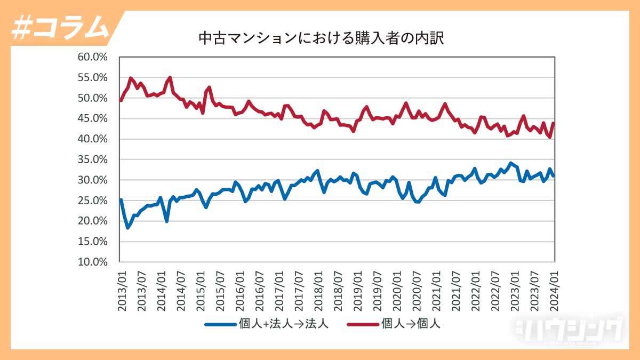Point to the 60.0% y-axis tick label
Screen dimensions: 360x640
coord(93,57)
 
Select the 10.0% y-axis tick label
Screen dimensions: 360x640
coord(93,262)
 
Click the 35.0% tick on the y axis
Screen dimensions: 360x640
coord(93,159)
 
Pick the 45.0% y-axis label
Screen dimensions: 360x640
coord(93,118)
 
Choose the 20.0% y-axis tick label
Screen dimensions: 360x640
coord(93,221)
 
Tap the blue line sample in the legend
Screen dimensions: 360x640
coord(220,324)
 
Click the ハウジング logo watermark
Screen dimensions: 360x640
coord(568,329)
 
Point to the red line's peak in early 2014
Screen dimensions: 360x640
coord(170,77)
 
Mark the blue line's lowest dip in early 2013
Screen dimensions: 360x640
coord(127,228)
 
